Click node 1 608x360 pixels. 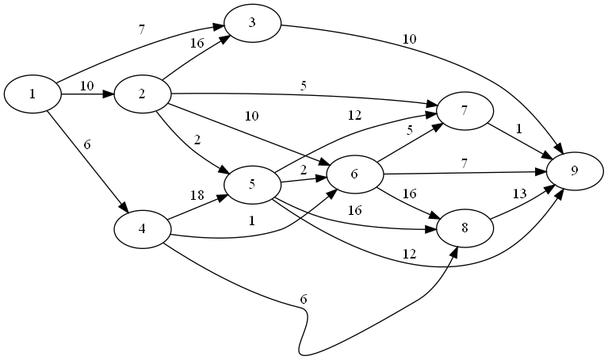(x=33, y=94)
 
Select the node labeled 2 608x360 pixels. (x=142, y=94)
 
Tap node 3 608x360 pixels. (x=252, y=22)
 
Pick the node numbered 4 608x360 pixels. (x=142, y=229)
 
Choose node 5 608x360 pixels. (x=252, y=185)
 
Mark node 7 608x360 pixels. (x=465, y=112)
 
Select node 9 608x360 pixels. (x=574, y=170)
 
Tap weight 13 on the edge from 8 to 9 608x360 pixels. (x=520, y=193)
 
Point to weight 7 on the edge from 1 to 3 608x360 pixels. (x=141, y=30)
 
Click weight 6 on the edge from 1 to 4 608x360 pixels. (x=87, y=145)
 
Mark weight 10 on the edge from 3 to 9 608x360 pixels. (x=409, y=39)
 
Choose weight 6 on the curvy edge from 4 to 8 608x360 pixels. (x=303, y=299)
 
